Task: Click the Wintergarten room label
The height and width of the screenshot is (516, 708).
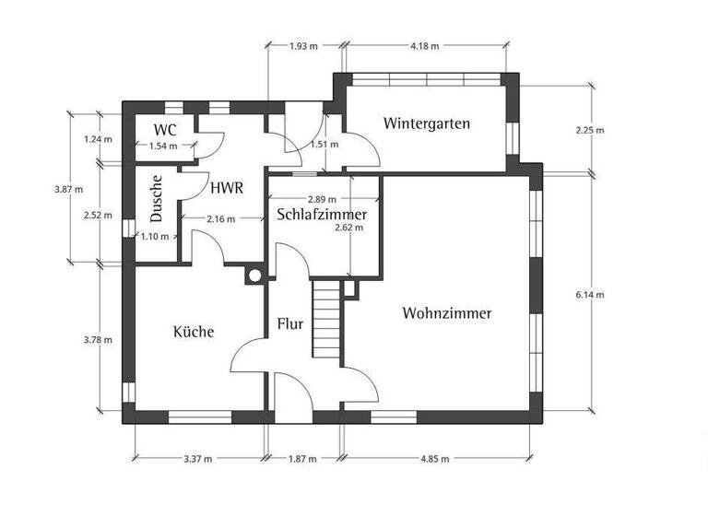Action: click(428, 123)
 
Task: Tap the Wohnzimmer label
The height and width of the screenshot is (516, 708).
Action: click(447, 313)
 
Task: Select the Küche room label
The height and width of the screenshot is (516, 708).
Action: click(194, 332)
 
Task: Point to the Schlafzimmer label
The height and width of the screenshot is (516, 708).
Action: click(322, 215)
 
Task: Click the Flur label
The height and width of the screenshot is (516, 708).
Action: click(290, 325)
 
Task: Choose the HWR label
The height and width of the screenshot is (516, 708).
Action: click(226, 189)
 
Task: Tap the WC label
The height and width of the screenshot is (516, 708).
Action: click(165, 129)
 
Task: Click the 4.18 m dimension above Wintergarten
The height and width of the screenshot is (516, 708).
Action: click(425, 45)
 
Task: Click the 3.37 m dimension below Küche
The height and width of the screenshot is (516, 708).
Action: click(198, 458)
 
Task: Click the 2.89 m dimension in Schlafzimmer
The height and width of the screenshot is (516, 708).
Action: click(321, 199)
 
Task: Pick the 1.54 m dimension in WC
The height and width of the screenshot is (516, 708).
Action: click(163, 146)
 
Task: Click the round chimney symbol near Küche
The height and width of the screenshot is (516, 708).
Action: click(254, 274)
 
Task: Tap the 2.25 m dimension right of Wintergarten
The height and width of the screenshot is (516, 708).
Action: click(589, 130)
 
